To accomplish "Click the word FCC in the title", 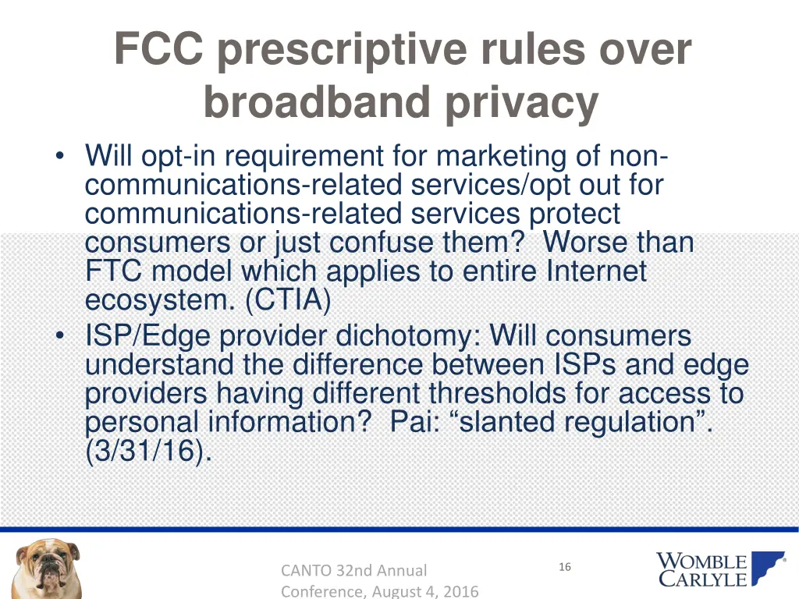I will pos(158,50).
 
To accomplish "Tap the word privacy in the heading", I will pos(522,102).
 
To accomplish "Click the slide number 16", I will pos(565,567).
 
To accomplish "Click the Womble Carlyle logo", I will pos(709,569).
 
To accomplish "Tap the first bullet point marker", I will pos(61,157).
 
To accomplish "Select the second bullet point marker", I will pos(61,337).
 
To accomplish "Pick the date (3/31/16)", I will pos(148,452).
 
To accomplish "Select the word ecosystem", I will pos(160,300).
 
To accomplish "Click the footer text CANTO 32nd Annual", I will pos(354,571).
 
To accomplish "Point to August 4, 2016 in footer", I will pos(425,591).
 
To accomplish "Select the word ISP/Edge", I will pos(147,337).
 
